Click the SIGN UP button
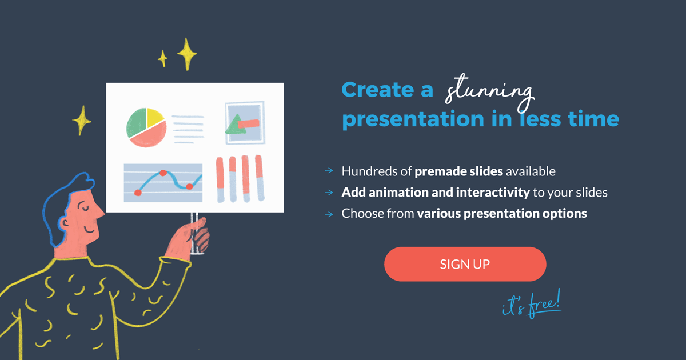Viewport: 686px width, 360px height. [x=465, y=264]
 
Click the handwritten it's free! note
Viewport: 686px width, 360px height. [x=532, y=305]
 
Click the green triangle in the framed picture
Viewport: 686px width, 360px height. [x=235, y=125]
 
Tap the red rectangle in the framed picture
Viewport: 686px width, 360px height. [x=248, y=123]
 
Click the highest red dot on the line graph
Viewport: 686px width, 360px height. [x=163, y=173]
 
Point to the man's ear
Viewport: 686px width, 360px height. [x=64, y=222]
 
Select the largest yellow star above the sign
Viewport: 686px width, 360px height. [x=187, y=54]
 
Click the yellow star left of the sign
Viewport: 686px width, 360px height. [x=81, y=121]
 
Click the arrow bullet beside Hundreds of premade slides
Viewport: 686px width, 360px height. [x=329, y=170]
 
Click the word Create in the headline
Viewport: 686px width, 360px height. [x=378, y=90]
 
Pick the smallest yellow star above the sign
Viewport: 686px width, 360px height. [x=162, y=58]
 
